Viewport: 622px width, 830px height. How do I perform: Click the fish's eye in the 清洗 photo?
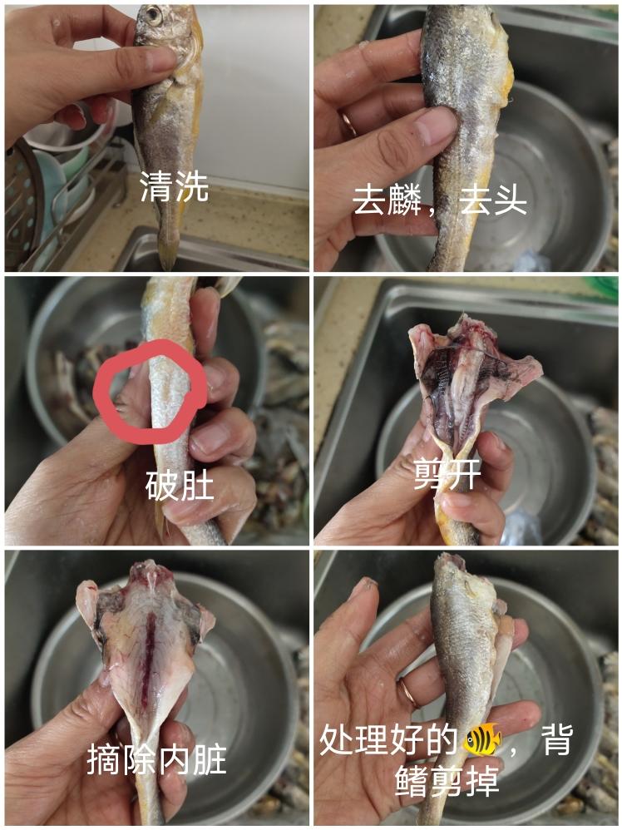pos(153,15)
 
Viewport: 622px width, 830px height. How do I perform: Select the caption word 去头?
pos(493,200)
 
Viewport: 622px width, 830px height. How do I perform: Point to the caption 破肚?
pos(180,485)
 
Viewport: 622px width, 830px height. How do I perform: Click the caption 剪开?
pos(447,474)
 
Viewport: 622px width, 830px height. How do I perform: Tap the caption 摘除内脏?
pos(156,759)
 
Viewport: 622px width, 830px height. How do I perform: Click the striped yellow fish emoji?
pos(481,739)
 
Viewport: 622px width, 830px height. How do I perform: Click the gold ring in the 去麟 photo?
pos(349,124)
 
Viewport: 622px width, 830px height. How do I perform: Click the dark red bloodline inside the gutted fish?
pos(150,666)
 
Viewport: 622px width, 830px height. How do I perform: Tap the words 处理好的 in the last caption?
pos(389,739)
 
